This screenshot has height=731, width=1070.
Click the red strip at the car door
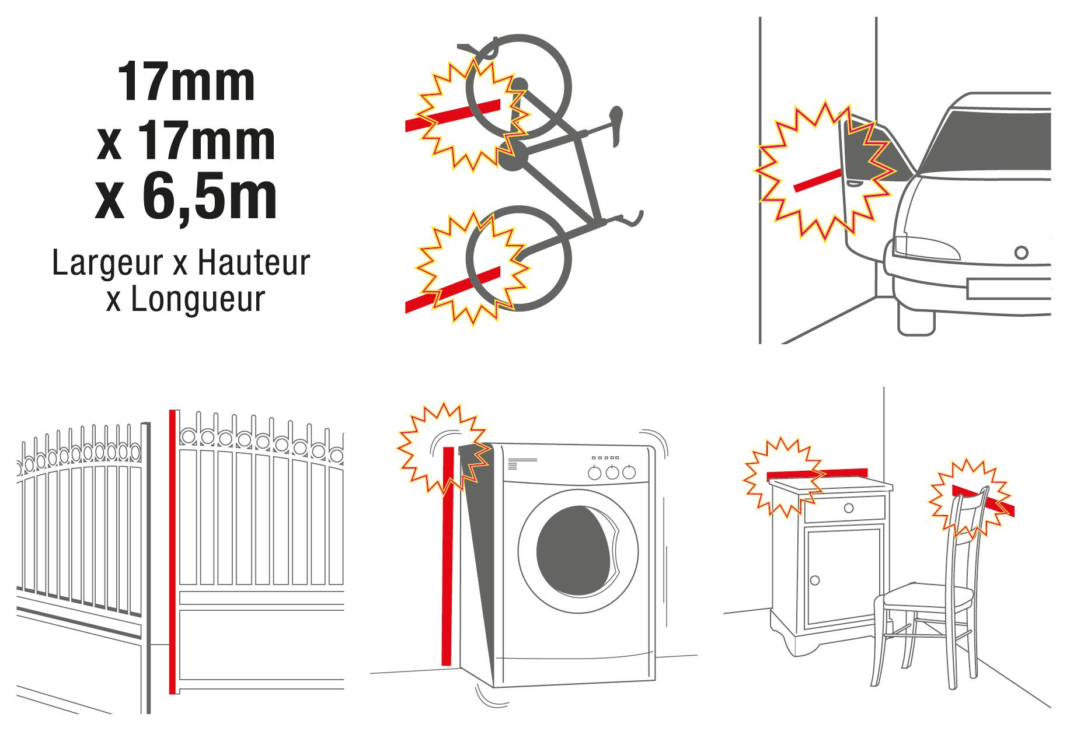click(817, 180)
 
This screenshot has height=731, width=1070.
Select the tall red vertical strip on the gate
click(172, 552)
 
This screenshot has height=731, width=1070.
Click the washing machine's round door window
click(577, 551)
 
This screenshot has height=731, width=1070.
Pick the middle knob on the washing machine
click(612, 472)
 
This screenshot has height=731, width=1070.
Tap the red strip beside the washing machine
click(447, 564)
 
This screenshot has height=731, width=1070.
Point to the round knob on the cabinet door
click(815, 580)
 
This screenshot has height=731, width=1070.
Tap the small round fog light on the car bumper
click(1021, 253)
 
